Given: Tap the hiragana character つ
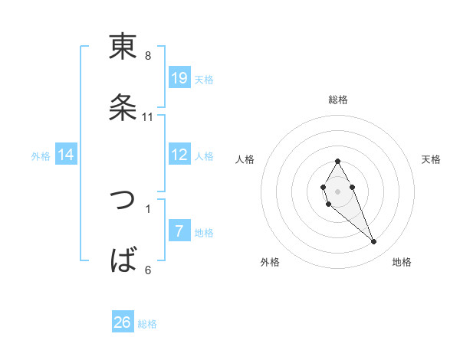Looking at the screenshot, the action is (x=123, y=201).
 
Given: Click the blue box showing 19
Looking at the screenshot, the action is (x=179, y=78).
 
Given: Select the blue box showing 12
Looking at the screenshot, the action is (x=179, y=155).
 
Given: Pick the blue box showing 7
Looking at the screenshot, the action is (x=179, y=231).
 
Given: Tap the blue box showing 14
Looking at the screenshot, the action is (x=66, y=155).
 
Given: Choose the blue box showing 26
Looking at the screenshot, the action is (x=123, y=322).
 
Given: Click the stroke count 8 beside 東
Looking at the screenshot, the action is (x=148, y=56).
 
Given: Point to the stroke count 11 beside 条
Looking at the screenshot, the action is (x=148, y=117).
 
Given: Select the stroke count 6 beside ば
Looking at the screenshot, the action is (x=148, y=270).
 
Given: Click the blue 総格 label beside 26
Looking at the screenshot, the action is (x=147, y=324).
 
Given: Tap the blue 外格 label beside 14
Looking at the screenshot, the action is (x=41, y=156).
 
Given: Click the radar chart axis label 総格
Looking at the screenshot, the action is (x=338, y=100).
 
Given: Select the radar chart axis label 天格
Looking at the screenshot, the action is (x=432, y=159).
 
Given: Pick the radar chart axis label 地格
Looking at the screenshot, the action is (x=402, y=262).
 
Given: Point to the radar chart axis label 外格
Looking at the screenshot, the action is (x=270, y=262).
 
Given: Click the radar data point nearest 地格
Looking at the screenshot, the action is (x=374, y=242).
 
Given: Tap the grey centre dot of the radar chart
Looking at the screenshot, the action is (x=337, y=190).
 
